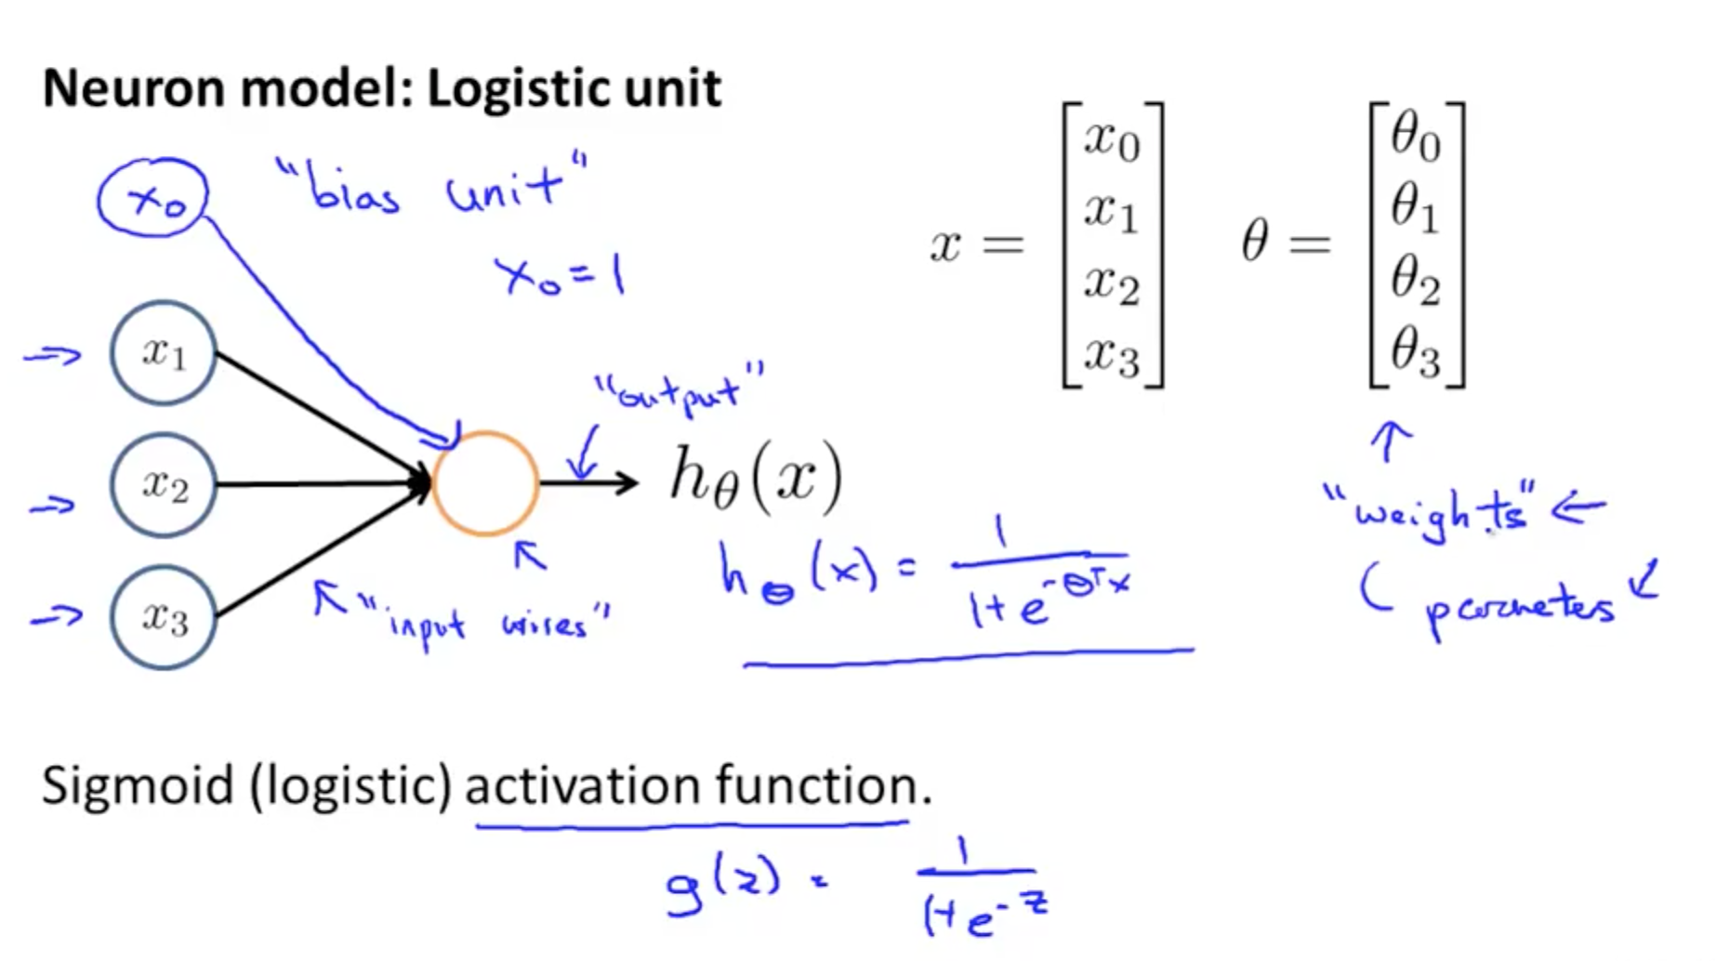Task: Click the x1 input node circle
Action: [x=164, y=353]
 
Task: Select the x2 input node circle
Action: [x=164, y=485]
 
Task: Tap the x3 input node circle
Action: [x=164, y=617]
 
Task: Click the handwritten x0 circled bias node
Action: [x=153, y=198]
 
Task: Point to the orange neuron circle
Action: [x=484, y=483]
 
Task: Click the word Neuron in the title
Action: [x=133, y=89]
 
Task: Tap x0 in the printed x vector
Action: [x=1112, y=141]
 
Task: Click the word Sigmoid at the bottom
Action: [x=138, y=786]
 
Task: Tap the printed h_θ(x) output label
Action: [x=755, y=480]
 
